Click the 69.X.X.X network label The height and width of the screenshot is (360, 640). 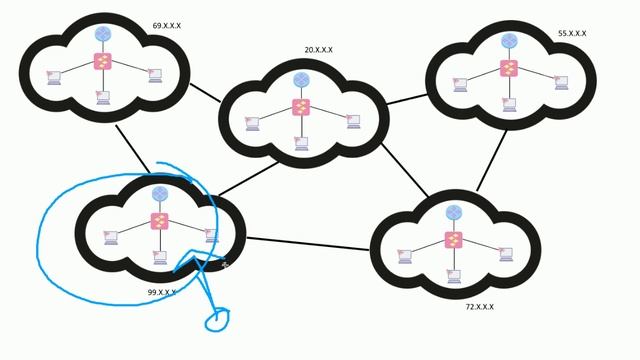pyautogui.click(x=167, y=26)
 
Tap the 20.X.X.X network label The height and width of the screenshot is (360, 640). pyautogui.click(x=319, y=50)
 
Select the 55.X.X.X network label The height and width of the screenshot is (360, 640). pyautogui.click(x=572, y=34)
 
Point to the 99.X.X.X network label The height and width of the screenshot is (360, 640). pyautogui.click(x=162, y=293)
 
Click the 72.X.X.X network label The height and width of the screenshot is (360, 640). pyautogui.click(x=479, y=307)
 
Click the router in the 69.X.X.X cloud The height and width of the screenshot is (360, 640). pyautogui.click(x=103, y=34)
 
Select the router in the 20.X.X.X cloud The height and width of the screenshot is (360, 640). pyautogui.click(x=301, y=80)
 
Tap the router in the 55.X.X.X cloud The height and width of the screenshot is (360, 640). pyautogui.click(x=509, y=41)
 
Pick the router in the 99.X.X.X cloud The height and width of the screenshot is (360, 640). pyautogui.click(x=160, y=194)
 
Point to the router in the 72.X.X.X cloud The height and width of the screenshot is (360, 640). pyautogui.click(x=454, y=212)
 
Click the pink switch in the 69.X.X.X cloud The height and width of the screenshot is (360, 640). pyautogui.click(x=103, y=61)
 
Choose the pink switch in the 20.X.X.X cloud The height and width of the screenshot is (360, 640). pyautogui.click(x=301, y=107)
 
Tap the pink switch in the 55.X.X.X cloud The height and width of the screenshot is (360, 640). pyautogui.click(x=509, y=68)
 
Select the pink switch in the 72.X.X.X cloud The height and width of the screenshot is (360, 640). pyautogui.click(x=454, y=240)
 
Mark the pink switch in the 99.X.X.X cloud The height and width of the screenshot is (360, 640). pyautogui.click(x=160, y=221)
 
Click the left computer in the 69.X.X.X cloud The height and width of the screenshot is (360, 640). pyautogui.click(x=54, y=77)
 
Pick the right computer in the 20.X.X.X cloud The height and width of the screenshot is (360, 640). pyautogui.click(x=353, y=121)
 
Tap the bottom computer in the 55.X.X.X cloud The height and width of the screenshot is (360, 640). pyautogui.click(x=509, y=104)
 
